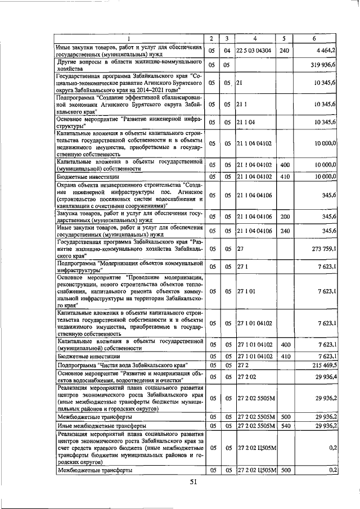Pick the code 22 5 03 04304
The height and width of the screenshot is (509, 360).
255,51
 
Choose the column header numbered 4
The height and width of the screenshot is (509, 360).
255,38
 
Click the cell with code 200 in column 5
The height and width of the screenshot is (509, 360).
284,216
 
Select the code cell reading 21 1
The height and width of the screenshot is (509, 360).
242,105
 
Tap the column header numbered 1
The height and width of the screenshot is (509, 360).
129,38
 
